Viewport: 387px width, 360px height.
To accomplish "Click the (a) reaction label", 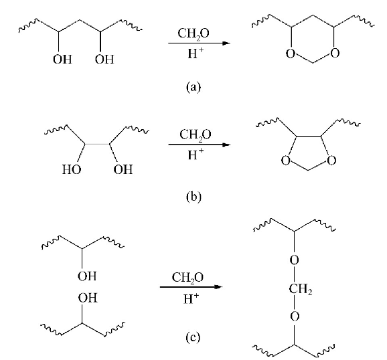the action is [193, 87].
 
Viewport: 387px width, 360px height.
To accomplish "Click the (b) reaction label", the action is [193, 197].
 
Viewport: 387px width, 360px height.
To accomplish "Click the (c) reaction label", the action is [193, 337].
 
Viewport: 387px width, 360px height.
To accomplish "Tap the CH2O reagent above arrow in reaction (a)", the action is [193, 33].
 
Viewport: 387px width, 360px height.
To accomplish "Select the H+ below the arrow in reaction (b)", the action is [196, 154].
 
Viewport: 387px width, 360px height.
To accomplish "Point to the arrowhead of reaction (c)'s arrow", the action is [218, 286].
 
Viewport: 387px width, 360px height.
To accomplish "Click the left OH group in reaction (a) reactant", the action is [62, 59].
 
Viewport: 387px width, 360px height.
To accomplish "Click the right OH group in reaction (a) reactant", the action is [104, 59].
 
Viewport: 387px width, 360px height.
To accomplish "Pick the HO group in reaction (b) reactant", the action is [72, 169].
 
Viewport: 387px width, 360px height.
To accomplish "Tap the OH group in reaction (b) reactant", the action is [123, 169].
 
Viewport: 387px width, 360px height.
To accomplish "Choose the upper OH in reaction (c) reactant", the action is [87, 276].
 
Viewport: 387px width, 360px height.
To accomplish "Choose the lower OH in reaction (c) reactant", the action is [88, 298].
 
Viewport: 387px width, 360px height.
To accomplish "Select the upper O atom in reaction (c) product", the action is [294, 260].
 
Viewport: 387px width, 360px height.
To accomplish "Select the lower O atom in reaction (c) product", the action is [295, 316].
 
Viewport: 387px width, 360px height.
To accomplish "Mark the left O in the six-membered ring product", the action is [291, 53].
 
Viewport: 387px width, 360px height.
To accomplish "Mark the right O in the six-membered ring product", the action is [334, 53].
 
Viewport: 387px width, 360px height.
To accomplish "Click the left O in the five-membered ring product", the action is [285, 161].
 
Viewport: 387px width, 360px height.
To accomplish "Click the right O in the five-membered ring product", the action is [331, 160].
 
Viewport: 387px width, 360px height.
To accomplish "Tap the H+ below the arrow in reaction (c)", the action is [191, 298].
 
